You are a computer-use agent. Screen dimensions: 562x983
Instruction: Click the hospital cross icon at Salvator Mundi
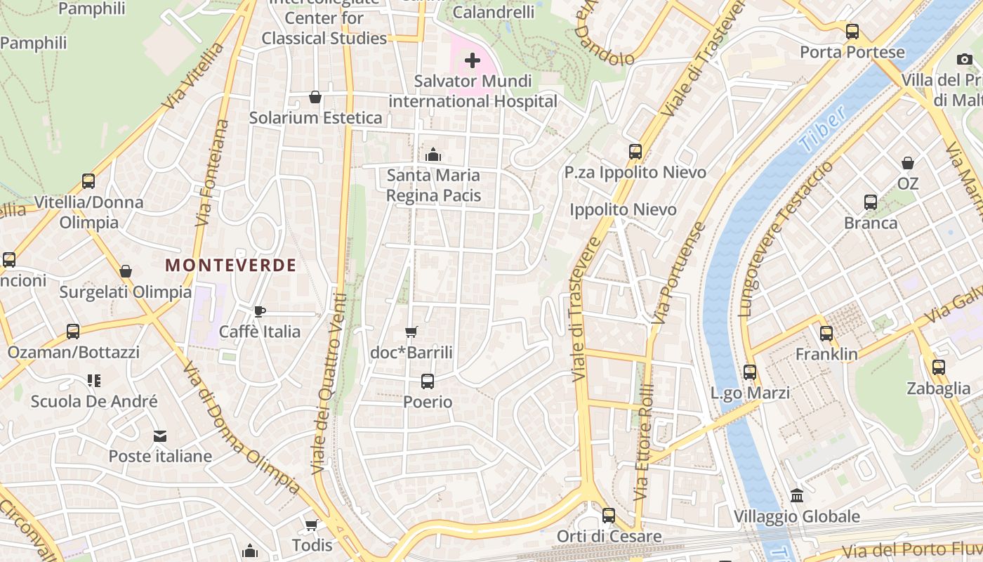point(473,60)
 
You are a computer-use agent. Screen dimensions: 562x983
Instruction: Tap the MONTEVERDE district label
point(230,265)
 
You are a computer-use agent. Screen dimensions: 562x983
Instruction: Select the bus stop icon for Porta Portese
point(852,32)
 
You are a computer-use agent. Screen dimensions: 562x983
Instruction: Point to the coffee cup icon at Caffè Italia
point(259,311)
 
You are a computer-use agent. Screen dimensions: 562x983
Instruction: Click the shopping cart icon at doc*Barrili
point(411,332)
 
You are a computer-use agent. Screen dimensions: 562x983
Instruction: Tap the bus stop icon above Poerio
point(427,381)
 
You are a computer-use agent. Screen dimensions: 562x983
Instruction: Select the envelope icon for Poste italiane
point(160,436)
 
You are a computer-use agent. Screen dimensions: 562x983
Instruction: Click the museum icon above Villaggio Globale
point(797,496)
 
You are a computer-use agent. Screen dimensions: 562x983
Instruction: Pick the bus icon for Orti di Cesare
point(609,516)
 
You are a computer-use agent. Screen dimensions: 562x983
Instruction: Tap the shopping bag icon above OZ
point(908,163)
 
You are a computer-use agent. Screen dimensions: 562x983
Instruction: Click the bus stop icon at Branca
point(871,202)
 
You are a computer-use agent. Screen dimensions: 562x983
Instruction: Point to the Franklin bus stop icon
point(826,334)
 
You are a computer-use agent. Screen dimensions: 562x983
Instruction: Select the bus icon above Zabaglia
point(939,367)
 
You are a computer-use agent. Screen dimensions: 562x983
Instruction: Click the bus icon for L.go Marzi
point(750,372)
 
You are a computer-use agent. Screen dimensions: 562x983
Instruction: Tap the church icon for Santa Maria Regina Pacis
point(433,154)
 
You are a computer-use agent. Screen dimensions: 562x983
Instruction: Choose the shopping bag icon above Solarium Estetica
point(315,97)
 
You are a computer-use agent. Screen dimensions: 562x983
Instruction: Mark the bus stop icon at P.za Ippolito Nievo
point(635,151)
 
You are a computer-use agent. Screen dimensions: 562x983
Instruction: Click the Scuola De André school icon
point(94,381)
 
